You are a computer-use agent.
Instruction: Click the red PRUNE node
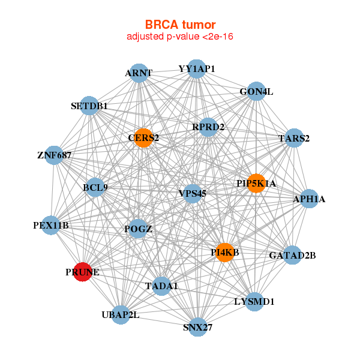click(x=82, y=272)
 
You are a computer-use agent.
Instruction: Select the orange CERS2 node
click(x=143, y=138)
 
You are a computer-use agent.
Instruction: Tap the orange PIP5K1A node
click(x=256, y=183)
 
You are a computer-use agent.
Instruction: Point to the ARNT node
click(x=139, y=73)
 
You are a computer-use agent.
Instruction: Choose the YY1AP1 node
click(x=197, y=69)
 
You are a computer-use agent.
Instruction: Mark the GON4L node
click(x=256, y=92)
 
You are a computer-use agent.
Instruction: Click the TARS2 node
click(x=294, y=138)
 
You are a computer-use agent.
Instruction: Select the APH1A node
click(x=308, y=199)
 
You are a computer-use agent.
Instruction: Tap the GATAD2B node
click(x=292, y=256)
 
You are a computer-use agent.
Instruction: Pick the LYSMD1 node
click(x=253, y=301)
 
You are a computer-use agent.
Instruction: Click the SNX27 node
click(x=197, y=327)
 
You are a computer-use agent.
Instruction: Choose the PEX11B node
click(x=51, y=226)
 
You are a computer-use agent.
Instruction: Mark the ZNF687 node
click(x=54, y=155)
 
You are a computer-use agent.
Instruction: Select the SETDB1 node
click(x=89, y=106)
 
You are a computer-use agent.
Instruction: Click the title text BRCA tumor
click(x=180, y=25)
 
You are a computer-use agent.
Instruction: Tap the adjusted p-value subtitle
click(x=180, y=37)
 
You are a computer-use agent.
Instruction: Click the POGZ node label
click(x=138, y=229)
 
